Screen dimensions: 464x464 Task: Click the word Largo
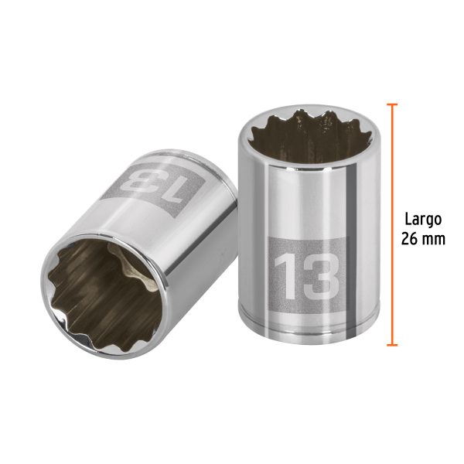422,219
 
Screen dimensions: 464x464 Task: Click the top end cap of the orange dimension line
392,105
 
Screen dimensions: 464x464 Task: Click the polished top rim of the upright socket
297,116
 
